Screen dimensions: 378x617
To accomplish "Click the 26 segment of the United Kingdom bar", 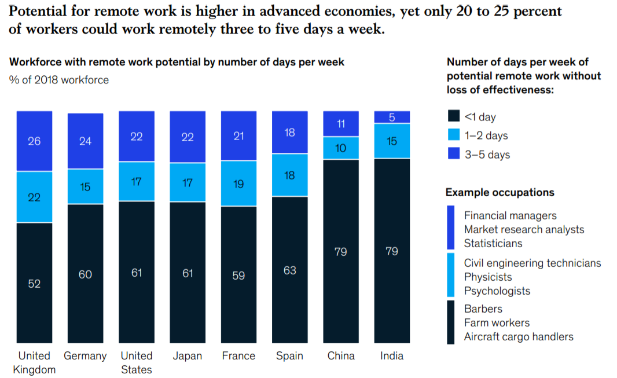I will [34, 141].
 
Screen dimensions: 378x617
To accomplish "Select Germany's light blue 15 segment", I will [85, 186].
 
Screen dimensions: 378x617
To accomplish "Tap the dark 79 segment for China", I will [340, 251].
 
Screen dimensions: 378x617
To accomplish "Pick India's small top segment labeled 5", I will [392, 117].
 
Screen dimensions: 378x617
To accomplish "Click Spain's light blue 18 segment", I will [289, 175].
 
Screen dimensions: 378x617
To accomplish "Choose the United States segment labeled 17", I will [136, 182].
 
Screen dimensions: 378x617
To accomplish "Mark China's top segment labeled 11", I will [340, 124].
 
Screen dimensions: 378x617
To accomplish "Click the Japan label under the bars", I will [187, 355].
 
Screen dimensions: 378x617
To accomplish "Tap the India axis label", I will [392, 355].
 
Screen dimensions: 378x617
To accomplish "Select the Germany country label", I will [85, 355].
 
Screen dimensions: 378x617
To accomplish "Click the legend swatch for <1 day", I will [454, 116].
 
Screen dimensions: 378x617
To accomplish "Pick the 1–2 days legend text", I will [486, 135].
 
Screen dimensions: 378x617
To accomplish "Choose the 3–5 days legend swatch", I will [454, 154].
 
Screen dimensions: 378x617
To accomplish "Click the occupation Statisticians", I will [493, 243].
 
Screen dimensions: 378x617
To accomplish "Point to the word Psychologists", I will [497, 291].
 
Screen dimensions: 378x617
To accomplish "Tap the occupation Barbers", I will [483, 309].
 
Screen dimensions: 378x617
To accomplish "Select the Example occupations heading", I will [500, 193].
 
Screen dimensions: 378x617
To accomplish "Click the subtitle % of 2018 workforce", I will [59, 80].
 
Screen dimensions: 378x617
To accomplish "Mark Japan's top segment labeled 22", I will [187, 136].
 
